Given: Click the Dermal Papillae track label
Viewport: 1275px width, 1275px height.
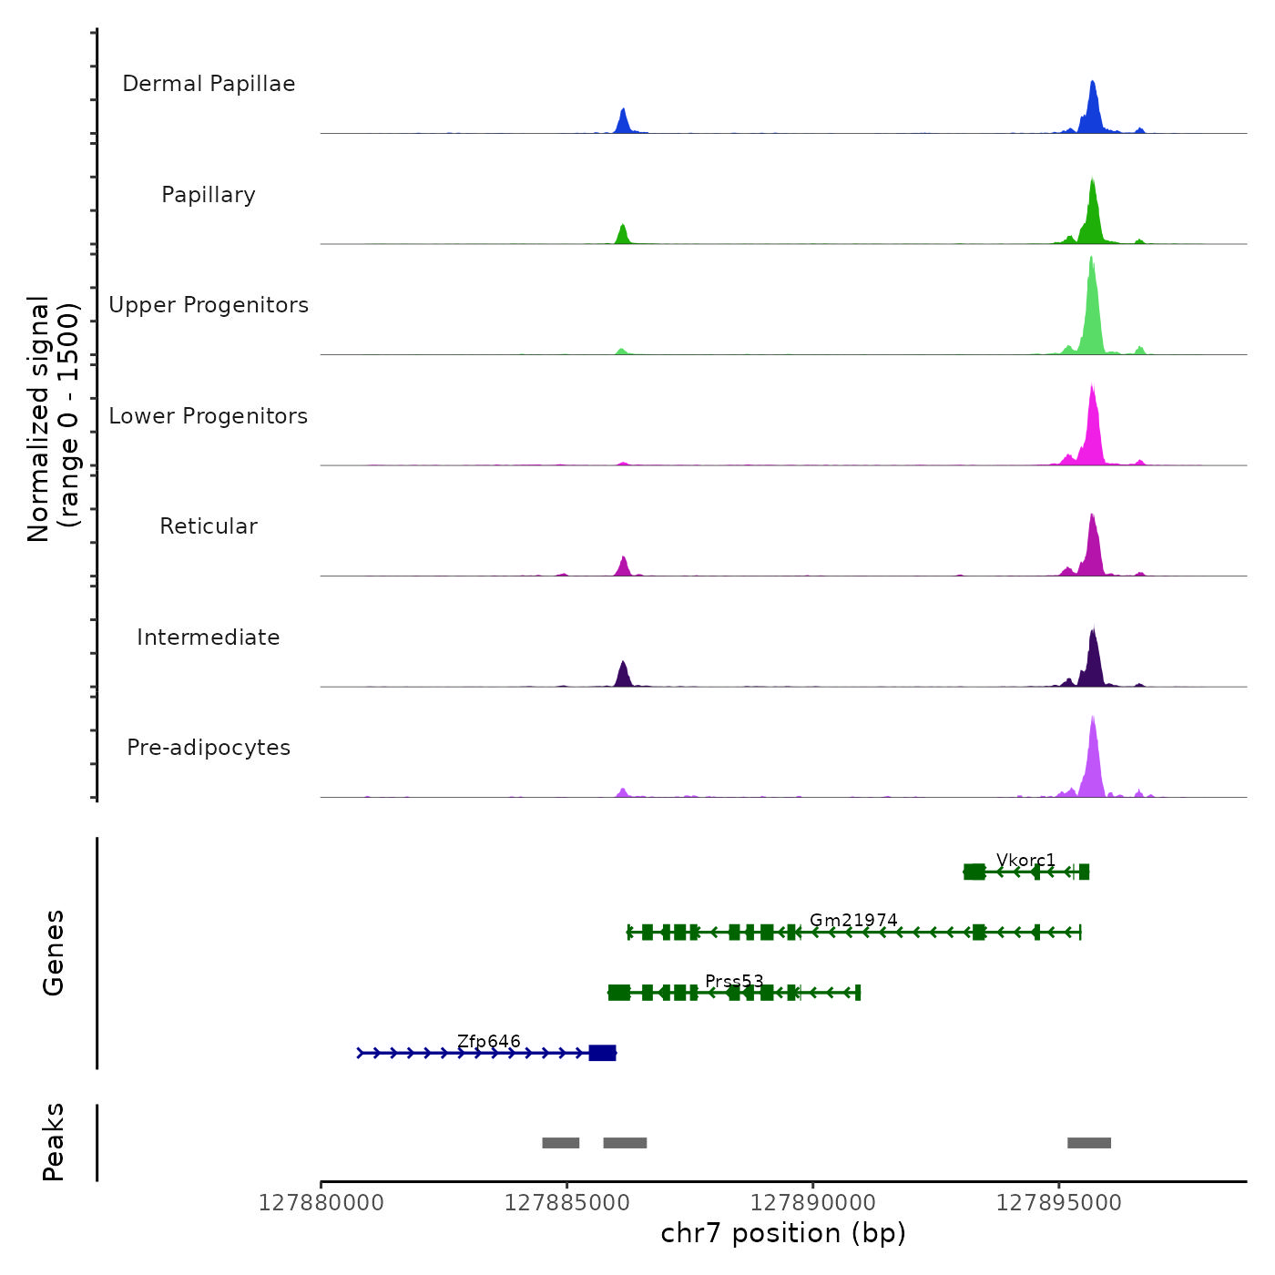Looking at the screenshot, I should pos(209,84).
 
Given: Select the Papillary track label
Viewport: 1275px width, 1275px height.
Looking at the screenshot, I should pos(209,195).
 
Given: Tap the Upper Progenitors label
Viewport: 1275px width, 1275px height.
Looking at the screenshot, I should pos(209,305).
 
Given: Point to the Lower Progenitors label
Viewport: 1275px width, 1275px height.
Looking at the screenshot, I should pos(209,416).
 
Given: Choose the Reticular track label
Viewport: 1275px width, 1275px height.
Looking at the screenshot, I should pos(209,526).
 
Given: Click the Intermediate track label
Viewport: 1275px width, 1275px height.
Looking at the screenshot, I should pos(209,637).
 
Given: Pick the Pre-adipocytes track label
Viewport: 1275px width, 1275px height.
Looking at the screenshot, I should pos(209,748).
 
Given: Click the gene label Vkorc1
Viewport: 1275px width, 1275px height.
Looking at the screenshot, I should pos(1025,861).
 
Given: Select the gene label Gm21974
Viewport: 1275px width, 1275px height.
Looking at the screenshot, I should pos(853,921).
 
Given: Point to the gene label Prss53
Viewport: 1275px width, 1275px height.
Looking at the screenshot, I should pos(734,982).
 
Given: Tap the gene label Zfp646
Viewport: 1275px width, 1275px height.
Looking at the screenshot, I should pos(489,1042).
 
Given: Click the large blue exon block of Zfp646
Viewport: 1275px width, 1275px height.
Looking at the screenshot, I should pos(602,1053).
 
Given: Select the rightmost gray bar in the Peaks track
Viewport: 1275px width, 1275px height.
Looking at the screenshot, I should pos(1089,1143).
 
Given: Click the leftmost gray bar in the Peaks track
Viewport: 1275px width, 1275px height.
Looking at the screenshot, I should pos(561,1143).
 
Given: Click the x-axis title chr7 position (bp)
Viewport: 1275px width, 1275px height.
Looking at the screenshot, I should pos(783,1233).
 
